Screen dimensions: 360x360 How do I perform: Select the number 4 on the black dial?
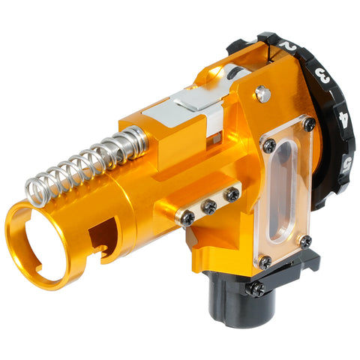pyautogui.click(x=343, y=118)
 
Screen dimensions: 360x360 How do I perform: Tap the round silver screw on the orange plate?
pyautogui.click(x=262, y=94)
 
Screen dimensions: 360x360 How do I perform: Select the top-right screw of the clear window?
pyautogui.click(x=309, y=124)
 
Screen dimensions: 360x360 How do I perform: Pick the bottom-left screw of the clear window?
pyautogui.click(x=265, y=262)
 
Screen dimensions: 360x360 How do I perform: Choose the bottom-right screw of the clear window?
pyautogui.click(x=305, y=241)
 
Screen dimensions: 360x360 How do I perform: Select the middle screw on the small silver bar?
pyautogui.click(x=210, y=205)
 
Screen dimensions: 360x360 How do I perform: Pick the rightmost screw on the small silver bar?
pyautogui.click(x=232, y=193)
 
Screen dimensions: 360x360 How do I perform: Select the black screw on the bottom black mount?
pyautogui.click(x=257, y=288)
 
